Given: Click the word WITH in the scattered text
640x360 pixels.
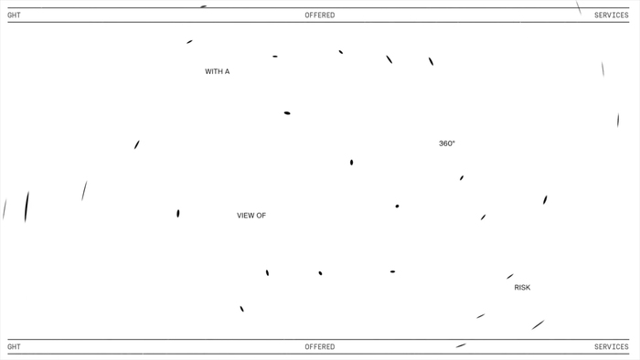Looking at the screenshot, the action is coord(214,72).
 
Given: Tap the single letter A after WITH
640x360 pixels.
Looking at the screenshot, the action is coord(227,72).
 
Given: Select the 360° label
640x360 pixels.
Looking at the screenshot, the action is coord(447,143).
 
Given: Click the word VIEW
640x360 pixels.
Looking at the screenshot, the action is coord(245,216).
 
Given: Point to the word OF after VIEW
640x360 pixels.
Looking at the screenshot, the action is coord(261,216).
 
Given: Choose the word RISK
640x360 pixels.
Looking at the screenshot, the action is coord(522,288).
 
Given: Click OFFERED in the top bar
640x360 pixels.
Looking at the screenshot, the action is coord(320,16).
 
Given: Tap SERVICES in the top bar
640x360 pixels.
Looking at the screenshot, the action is coord(611,16).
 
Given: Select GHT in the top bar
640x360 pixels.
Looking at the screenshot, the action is coord(14,16).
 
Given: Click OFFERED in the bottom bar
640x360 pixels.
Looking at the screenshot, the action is coord(320,347).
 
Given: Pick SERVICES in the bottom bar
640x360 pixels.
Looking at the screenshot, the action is coord(611,347).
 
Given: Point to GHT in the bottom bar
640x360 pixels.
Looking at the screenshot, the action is coord(14,347).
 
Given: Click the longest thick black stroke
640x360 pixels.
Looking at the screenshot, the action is coord(27,206).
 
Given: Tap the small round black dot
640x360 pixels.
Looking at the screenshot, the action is coord(397,206).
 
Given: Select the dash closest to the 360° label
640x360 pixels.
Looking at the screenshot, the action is coord(462,178).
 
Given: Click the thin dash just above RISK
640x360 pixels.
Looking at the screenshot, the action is coord(510,277).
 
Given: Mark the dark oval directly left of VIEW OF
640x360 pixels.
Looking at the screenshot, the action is coord(178,213).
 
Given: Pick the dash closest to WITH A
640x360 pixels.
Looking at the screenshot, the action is coord(189,42).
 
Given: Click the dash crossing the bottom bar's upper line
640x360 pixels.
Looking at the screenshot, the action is coord(461,345).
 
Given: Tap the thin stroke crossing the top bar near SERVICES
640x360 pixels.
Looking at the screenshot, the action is coord(579,7).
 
